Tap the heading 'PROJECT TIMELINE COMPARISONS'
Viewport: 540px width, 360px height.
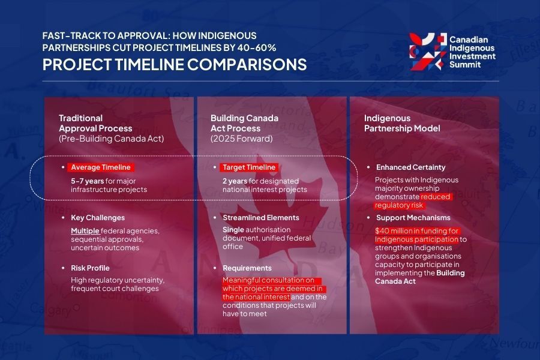tap(174, 65)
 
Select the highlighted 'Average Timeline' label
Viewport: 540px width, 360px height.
tap(100, 167)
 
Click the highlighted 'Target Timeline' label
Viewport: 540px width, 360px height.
tap(248, 167)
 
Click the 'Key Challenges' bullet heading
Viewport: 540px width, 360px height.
tap(97, 218)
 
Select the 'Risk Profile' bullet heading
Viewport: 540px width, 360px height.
tap(92, 268)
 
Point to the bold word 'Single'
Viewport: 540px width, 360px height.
tap(235, 230)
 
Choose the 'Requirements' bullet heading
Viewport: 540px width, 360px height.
tap(247, 268)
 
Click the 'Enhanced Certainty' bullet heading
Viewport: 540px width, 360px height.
tap(410, 167)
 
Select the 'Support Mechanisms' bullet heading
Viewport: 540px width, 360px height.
tap(413, 217)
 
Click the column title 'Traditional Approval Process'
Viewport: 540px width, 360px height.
tap(96, 124)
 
